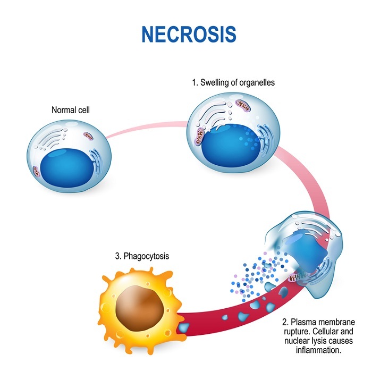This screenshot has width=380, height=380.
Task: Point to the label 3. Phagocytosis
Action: click(142, 256)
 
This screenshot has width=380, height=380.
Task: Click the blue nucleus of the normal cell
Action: click(70, 165)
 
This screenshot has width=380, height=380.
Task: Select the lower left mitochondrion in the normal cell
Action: click(36, 170)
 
